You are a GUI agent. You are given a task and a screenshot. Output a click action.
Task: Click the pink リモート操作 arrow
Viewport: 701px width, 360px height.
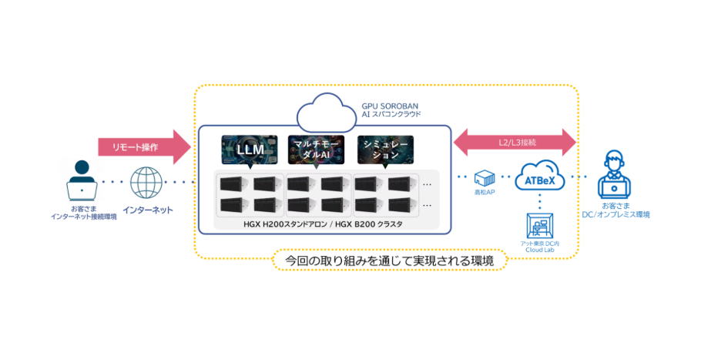coord(143,146)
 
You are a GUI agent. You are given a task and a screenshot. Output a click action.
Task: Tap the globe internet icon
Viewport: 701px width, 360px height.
coord(147,183)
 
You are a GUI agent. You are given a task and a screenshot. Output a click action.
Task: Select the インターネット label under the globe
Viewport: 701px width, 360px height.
coord(148,210)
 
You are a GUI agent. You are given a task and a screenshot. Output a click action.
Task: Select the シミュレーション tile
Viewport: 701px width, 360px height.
coord(384,150)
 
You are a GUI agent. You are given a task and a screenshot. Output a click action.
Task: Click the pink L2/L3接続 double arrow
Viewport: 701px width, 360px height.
coord(515,143)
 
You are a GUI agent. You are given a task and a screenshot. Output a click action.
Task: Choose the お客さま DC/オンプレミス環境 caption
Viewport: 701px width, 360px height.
coord(615,210)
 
